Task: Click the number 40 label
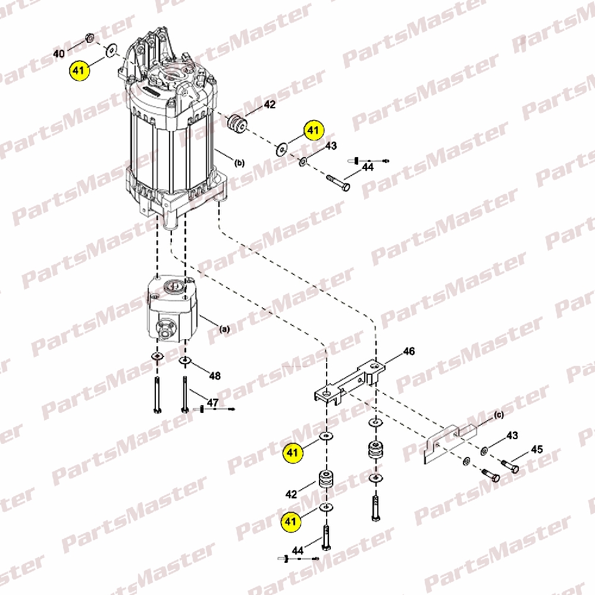[x=59, y=54]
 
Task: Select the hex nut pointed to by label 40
[x=90, y=37]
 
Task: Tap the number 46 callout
[x=409, y=352]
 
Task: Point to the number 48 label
[x=215, y=375]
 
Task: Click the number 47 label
[x=212, y=402]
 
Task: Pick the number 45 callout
[x=537, y=449]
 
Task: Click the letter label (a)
[x=225, y=328]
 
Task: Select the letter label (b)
[x=239, y=163]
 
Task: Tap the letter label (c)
[x=499, y=415]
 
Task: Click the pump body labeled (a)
[x=173, y=308]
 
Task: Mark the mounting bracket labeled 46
[x=349, y=382]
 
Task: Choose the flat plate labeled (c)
[x=450, y=444]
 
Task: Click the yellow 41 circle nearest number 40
[x=79, y=71]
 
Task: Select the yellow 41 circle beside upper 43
[x=313, y=130]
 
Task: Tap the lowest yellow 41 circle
[x=290, y=522]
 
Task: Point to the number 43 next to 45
[x=512, y=436]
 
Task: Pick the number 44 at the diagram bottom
[x=297, y=550]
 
